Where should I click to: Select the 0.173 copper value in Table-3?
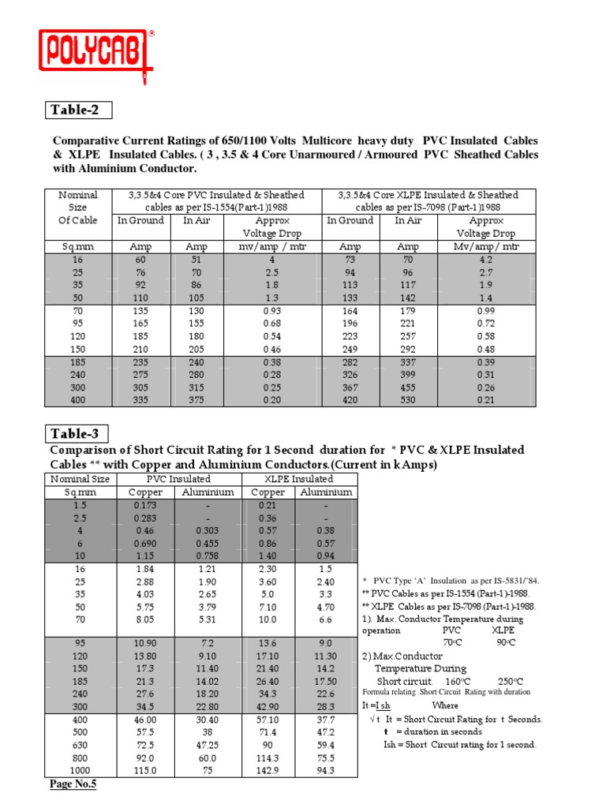(145, 504)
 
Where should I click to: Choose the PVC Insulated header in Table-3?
(179, 478)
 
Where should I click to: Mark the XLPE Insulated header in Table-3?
(298, 478)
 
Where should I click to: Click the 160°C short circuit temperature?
(459, 681)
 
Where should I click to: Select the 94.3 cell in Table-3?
(325, 770)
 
